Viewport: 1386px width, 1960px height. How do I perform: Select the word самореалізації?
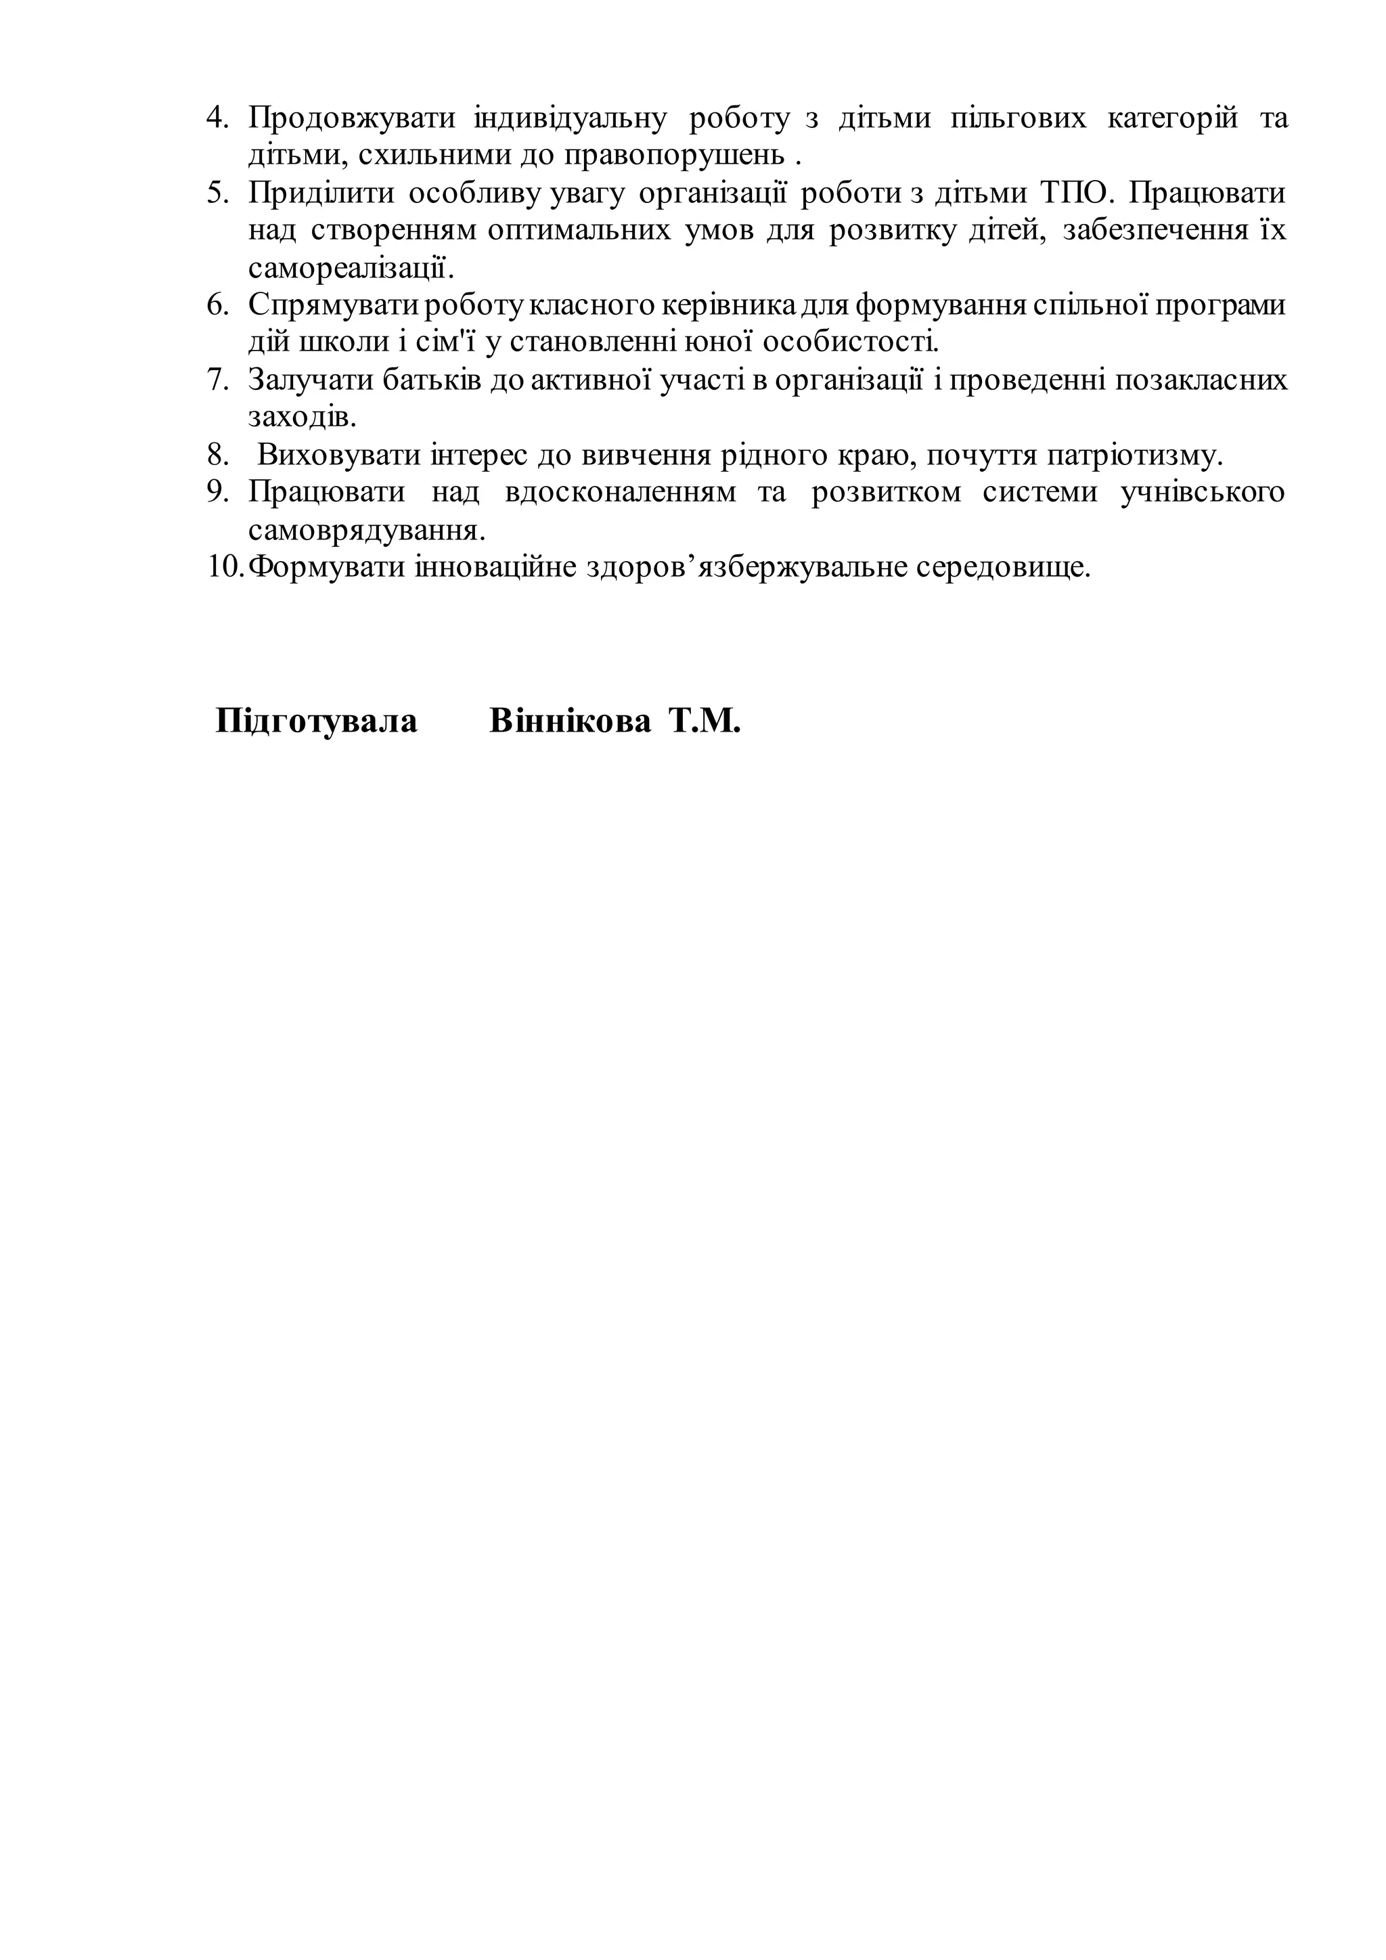coord(351,268)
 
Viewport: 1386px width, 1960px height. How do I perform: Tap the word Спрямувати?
coord(334,305)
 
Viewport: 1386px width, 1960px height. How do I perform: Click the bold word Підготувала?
coord(317,721)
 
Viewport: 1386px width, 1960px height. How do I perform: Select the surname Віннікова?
coord(570,721)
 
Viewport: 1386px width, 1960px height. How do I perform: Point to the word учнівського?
coord(1203,493)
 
